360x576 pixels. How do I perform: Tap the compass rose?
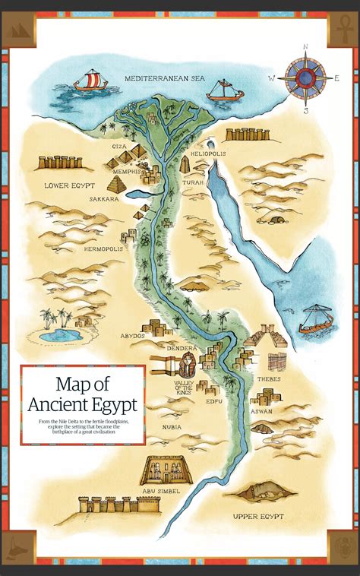tap(305, 77)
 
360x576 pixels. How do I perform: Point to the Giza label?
tap(119, 146)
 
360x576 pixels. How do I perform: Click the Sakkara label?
tap(103, 199)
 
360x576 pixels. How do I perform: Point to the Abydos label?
tap(133, 335)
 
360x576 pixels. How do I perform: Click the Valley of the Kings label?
tap(185, 388)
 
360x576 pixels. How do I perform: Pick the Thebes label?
tap(268, 378)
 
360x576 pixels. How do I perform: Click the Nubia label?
tap(171, 426)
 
